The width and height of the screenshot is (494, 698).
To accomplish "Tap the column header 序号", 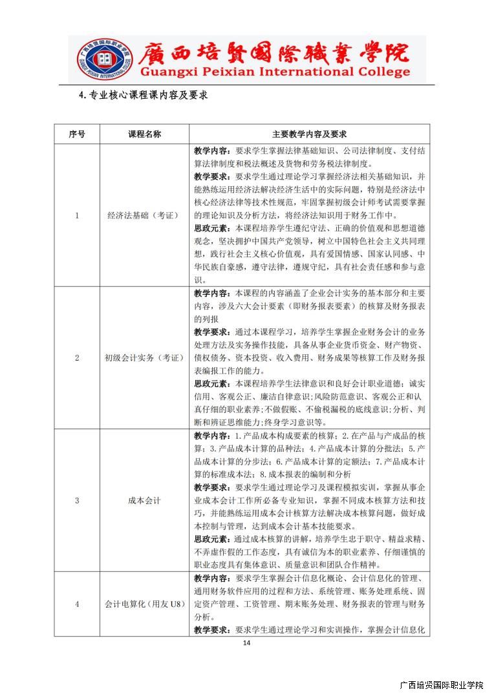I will (77, 134).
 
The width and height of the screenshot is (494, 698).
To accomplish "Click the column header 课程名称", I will (144, 134).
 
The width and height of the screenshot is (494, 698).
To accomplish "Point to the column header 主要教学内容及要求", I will (309, 134).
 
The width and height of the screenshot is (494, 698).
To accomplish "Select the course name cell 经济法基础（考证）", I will (144, 215).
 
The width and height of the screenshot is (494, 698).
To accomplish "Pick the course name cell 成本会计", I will (144, 500).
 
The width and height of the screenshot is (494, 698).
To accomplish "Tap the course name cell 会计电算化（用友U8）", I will (144, 604).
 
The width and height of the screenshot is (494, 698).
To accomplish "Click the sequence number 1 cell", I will (77, 215).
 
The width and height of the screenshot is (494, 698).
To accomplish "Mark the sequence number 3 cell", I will (77, 500).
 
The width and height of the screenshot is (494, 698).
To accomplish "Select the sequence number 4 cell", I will (77, 604).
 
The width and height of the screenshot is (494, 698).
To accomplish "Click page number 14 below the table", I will (246, 643).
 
